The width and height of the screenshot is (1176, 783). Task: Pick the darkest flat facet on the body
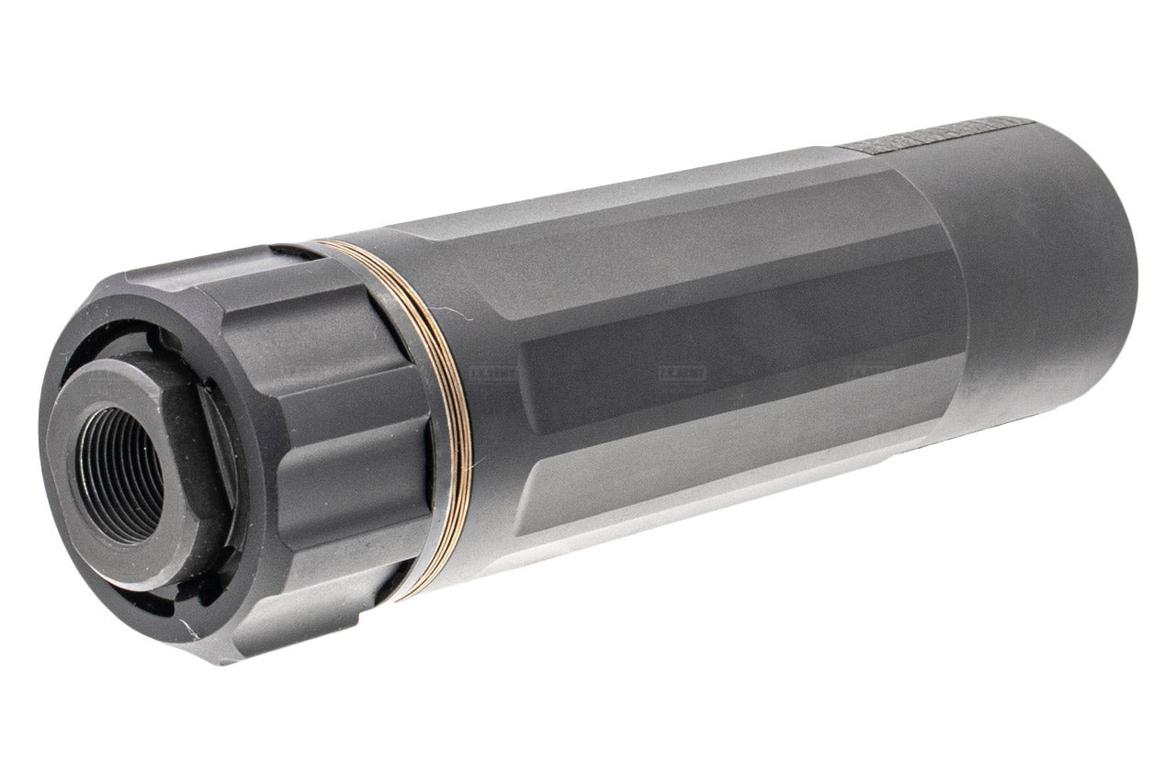[x=735, y=367]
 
